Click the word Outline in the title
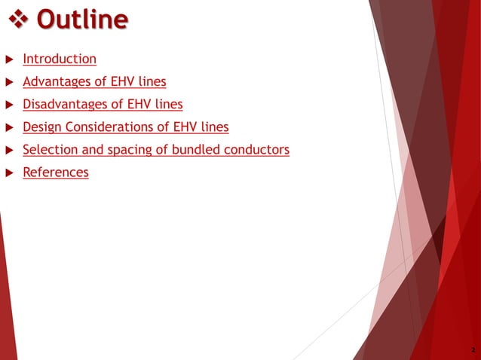click(81, 19)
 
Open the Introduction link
click(60, 59)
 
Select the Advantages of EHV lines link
click(94, 81)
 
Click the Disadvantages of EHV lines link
click(103, 104)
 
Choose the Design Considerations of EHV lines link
click(126, 127)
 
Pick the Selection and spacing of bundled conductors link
click(156, 150)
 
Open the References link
click(56, 172)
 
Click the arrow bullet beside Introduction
click(9, 59)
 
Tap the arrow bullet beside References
click(9, 173)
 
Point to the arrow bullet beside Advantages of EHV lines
click(9, 82)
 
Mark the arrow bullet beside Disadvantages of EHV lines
click(9, 105)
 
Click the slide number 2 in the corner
click(472, 350)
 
